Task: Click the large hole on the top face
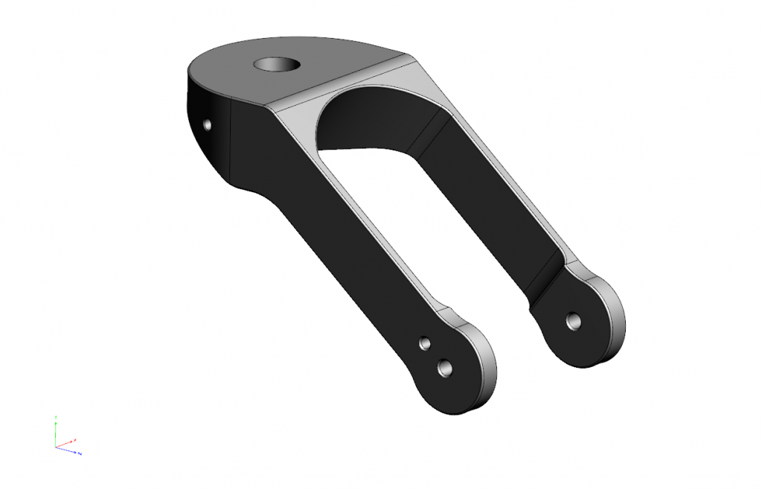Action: [x=277, y=64]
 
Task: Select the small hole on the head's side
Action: [x=207, y=124]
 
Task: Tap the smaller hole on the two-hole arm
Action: [x=424, y=343]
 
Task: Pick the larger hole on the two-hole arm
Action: [x=445, y=366]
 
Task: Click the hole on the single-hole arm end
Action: [x=574, y=321]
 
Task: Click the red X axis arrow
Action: [x=70, y=442]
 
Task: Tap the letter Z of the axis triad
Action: [x=80, y=454]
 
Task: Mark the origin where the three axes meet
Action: [x=57, y=447]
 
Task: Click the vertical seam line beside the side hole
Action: [x=231, y=141]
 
